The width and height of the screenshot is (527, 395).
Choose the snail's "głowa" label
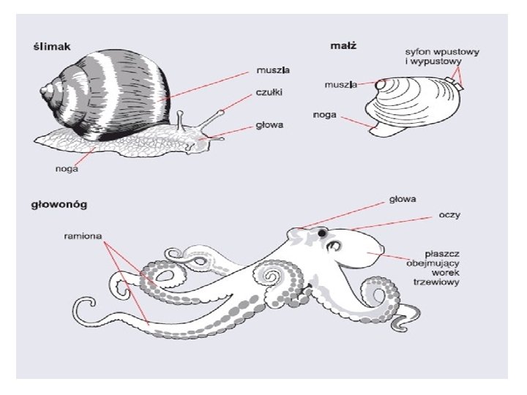click(269, 124)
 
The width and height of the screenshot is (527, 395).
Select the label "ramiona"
click(81, 237)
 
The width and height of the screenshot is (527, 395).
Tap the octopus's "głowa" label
click(403, 197)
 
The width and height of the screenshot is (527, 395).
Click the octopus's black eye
click(321, 233)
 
